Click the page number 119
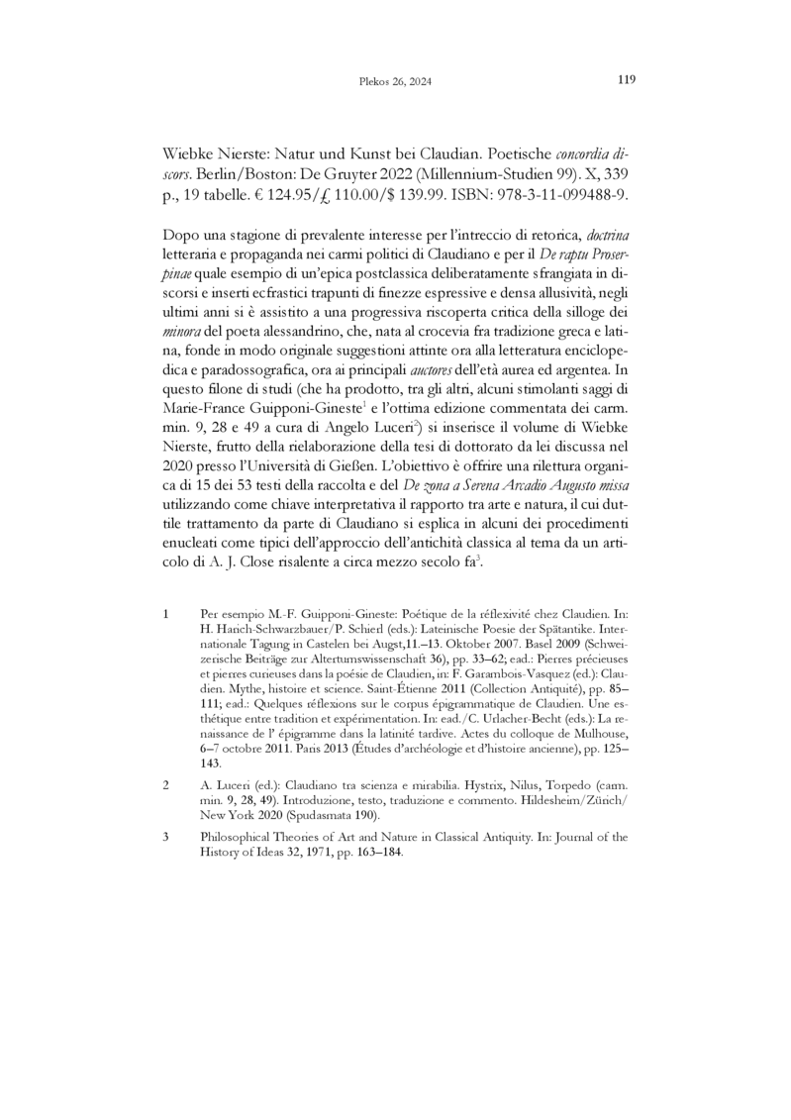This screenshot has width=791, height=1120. pyautogui.click(x=625, y=80)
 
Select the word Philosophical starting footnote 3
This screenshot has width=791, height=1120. pyautogui.click(x=238, y=838)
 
